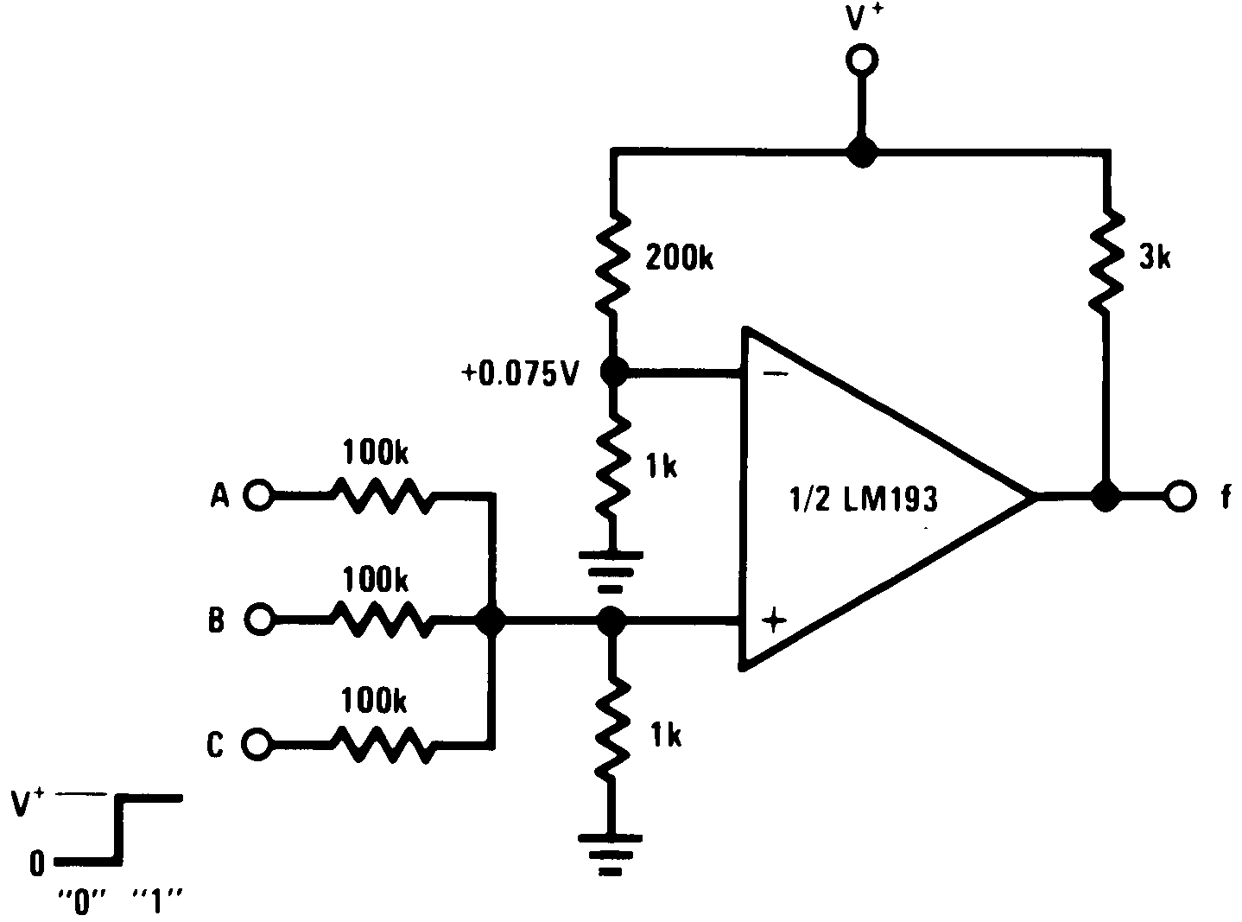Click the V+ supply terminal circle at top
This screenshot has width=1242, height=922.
(x=860, y=60)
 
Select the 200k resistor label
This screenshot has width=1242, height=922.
(x=680, y=257)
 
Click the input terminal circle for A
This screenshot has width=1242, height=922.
(x=258, y=495)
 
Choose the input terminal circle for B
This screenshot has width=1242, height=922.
(x=258, y=619)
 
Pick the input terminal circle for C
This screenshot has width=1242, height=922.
(x=258, y=742)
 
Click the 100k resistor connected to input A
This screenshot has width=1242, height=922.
(x=378, y=495)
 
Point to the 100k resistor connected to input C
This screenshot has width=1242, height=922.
(x=378, y=742)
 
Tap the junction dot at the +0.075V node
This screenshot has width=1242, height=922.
(x=613, y=372)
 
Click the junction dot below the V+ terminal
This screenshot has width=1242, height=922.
(x=860, y=152)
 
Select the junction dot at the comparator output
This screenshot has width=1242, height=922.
(x=1104, y=496)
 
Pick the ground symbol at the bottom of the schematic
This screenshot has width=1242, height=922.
(x=611, y=851)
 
